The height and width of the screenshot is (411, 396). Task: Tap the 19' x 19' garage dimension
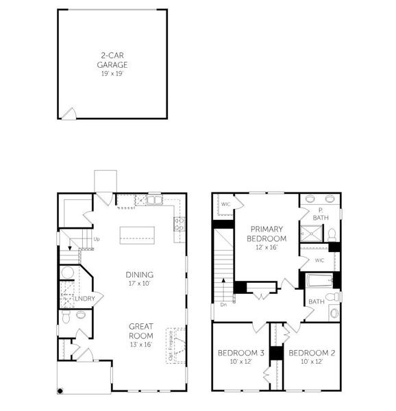click(x=112, y=73)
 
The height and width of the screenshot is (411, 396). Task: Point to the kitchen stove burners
click(x=180, y=223)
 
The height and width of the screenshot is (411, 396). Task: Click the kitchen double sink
click(x=154, y=201)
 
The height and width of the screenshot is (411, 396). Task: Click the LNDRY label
click(x=84, y=299)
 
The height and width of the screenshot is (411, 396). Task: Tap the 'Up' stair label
click(x=96, y=239)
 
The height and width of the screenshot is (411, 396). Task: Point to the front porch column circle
click(x=61, y=390)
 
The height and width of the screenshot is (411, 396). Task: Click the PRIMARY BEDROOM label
click(x=267, y=234)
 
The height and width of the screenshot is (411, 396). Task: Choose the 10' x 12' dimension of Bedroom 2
click(x=311, y=361)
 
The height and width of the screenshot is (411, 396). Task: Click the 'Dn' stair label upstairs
click(x=223, y=306)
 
